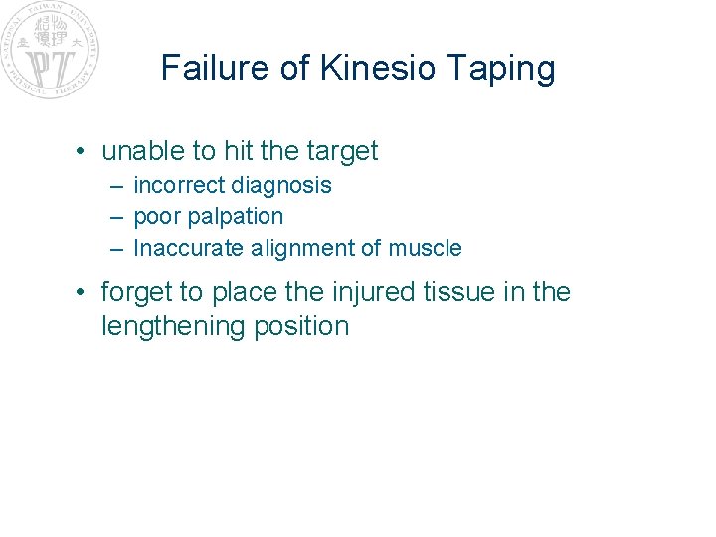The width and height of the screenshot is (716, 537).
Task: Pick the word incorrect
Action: coord(179,185)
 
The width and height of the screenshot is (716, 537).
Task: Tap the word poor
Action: coord(154,217)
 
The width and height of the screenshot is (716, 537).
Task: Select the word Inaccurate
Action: coord(188,248)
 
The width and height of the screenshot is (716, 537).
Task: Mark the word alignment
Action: coord(295,249)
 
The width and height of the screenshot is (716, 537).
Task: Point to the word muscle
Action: coord(427,248)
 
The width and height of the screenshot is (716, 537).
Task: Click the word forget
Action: coord(137,292)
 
